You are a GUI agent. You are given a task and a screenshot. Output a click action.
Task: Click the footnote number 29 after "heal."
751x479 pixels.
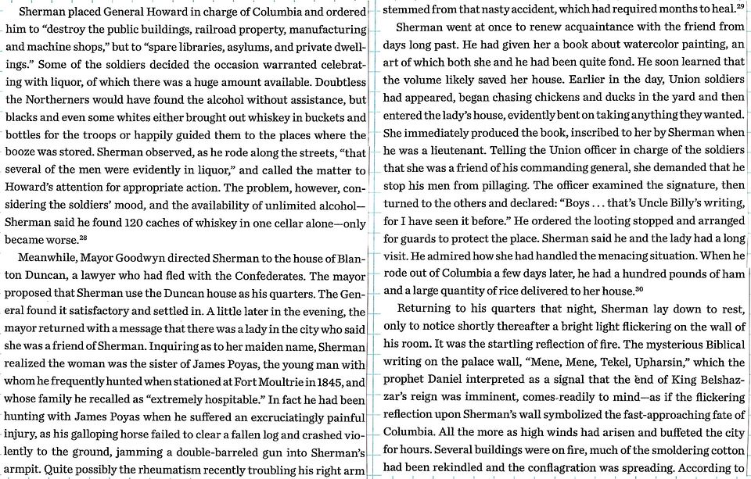(x=739, y=6)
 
